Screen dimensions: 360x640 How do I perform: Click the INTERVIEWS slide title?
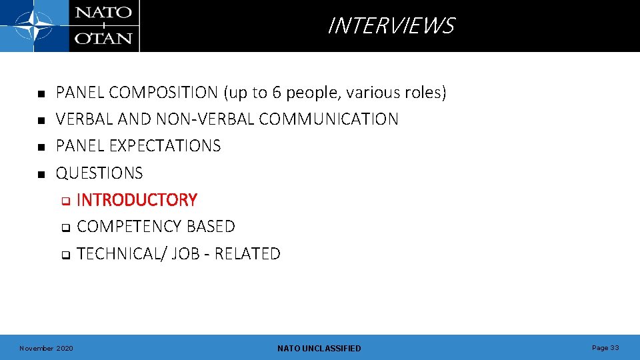tap(391, 26)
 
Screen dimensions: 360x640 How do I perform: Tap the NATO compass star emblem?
tap(34, 26)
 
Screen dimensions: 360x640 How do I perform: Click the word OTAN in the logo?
tap(103, 38)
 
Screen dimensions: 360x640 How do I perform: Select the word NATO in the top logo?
tap(103, 13)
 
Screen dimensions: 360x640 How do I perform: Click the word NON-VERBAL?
tap(205, 119)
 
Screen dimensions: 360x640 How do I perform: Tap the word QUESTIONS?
tap(99, 173)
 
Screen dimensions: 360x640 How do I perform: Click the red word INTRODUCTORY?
tap(137, 200)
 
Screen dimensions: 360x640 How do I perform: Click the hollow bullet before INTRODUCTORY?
tap(65, 201)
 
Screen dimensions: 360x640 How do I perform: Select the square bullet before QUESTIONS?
tap(41, 174)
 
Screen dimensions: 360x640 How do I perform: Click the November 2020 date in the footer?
tap(47, 349)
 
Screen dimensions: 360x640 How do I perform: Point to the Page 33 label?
tap(605, 348)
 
